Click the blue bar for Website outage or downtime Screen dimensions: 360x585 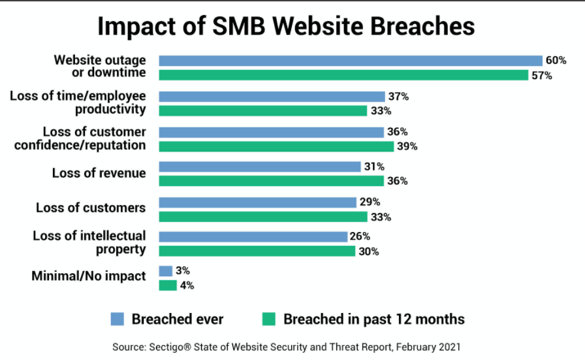click(x=351, y=61)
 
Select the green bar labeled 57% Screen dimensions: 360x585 click(x=343, y=75)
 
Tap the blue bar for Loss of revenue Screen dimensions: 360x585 click(x=260, y=167)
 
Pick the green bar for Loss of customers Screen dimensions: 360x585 click(x=263, y=216)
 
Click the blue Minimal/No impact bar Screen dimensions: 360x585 click(x=166, y=270)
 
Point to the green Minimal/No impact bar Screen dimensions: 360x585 click(x=168, y=285)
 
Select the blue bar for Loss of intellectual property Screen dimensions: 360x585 click(x=253, y=237)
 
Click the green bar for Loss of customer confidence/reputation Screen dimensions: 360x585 click(x=276, y=146)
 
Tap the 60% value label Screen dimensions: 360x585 click(x=556, y=61)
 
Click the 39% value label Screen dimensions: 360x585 click(x=407, y=146)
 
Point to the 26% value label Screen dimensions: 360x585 click(x=360, y=237)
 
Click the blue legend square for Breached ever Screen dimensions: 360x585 click(x=118, y=319)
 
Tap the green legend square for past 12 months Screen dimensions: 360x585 click(x=268, y=319)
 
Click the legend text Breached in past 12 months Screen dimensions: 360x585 click(x=374, y=319)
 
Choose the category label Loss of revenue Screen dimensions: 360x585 click(x=99, y=173)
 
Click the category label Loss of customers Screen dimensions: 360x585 click(x=91, y=208)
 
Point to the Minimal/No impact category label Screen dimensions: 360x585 click(x=89, y=276)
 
